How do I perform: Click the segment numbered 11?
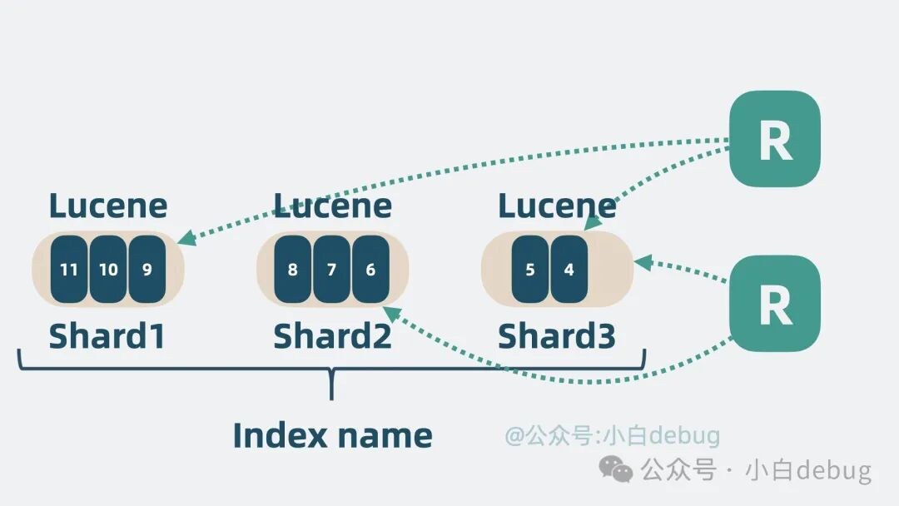point(69,270)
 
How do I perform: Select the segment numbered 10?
point(108,270)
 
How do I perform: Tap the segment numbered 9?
point(147,270)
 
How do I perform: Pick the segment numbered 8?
point(292,270)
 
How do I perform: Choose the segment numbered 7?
point(331,270)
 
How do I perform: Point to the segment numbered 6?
point(370,270)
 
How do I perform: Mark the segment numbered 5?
point(530,270)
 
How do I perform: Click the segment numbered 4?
point(569,270)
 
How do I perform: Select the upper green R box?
point(774,139)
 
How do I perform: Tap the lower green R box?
point(774,304)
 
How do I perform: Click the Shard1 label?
point(107,336)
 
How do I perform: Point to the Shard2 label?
point(332,336)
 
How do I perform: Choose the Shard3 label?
point(557,336)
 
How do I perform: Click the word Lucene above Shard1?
point(108,206)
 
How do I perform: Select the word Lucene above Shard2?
point(333,206)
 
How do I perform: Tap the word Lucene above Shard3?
point(558,206)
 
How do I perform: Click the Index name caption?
point(332,434)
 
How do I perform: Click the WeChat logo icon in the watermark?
point(617,471)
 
